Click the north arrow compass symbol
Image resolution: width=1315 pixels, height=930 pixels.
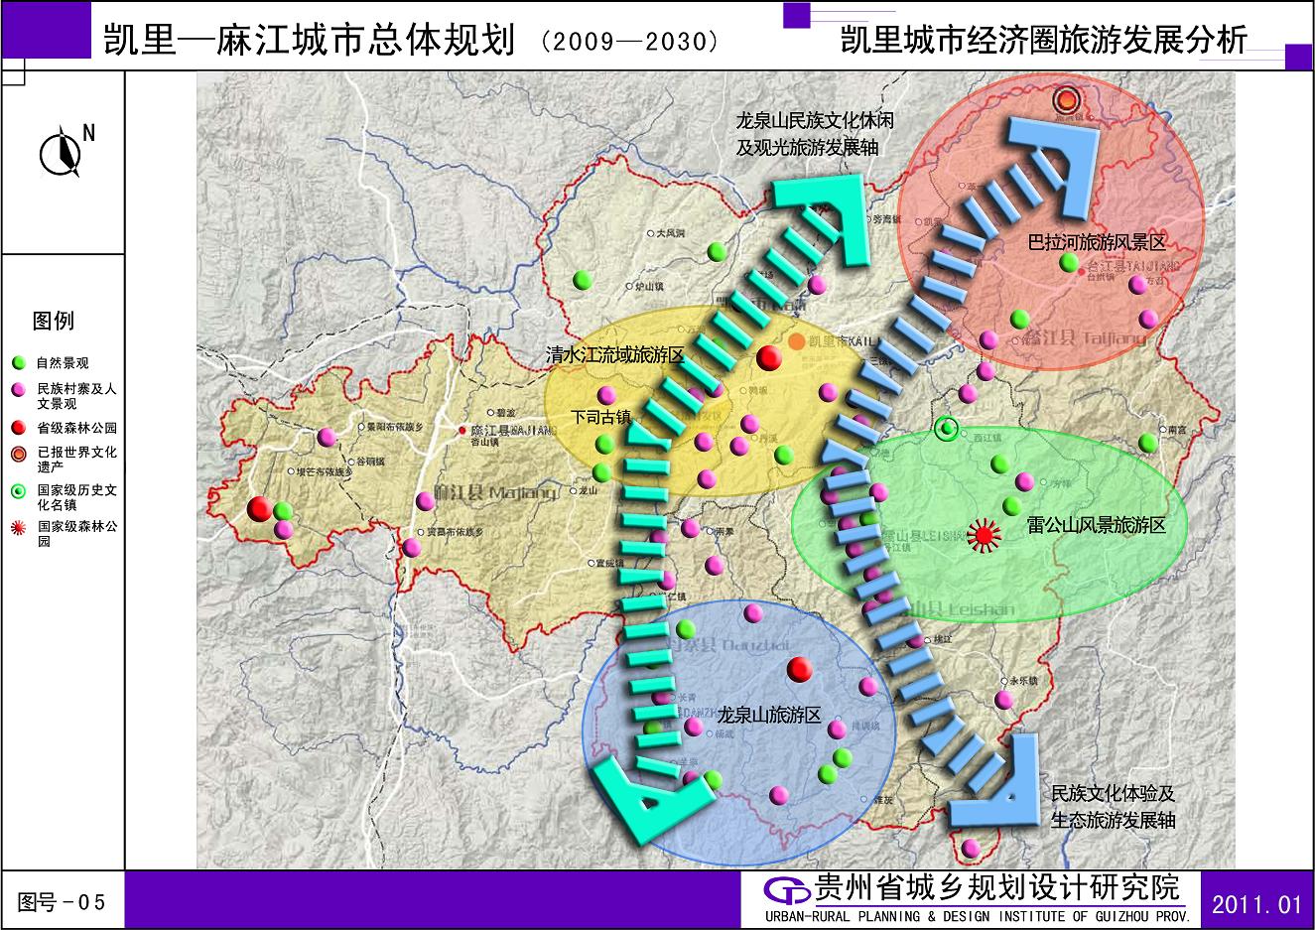[61, 152]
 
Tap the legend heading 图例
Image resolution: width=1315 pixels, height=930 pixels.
[54, 321]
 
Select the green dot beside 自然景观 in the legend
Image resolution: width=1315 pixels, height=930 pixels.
[18, 363]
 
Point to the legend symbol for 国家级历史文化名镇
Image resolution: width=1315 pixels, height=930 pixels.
[18, 491]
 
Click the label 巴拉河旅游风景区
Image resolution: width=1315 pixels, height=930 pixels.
[1096, 242]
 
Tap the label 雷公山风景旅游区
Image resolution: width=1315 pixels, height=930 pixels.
[1096, 525]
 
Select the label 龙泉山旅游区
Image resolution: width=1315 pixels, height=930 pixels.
[769, 715]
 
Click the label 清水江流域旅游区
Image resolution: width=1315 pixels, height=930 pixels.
[615, 355]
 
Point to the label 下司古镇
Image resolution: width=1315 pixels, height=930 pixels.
[601, 418]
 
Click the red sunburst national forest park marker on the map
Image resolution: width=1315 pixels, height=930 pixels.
[984, 536]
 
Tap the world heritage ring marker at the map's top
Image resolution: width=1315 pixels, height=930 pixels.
[1067, 99]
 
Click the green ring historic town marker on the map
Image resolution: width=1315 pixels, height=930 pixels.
[948, 429]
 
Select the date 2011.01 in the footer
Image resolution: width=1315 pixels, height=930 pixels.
[1256, 904]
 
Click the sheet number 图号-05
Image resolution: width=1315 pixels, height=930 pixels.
[62, 902]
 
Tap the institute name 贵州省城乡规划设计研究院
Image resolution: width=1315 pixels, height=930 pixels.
[996, 887]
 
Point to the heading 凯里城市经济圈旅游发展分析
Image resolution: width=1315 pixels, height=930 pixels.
[1043, 41]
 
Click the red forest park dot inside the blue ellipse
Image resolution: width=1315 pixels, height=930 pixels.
[799, 669]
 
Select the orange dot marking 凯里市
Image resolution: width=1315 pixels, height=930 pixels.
[797, 340]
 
